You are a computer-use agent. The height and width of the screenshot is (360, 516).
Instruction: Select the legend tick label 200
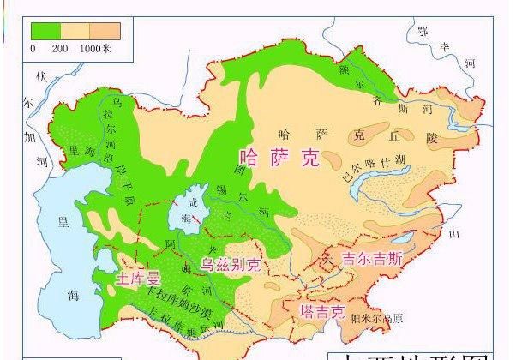tap(59, 48)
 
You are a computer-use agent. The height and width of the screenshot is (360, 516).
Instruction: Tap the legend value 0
tap(33, 48)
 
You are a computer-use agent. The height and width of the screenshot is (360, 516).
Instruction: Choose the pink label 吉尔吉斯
tap(372, 257)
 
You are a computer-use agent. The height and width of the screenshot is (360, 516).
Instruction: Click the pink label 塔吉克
tap(321, 309)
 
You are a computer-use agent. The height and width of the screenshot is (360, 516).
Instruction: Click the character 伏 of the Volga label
tap(39, 75)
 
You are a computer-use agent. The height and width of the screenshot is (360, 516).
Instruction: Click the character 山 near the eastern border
tap(455, 232)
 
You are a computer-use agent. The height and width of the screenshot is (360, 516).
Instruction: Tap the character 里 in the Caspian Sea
tap(62, 219)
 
